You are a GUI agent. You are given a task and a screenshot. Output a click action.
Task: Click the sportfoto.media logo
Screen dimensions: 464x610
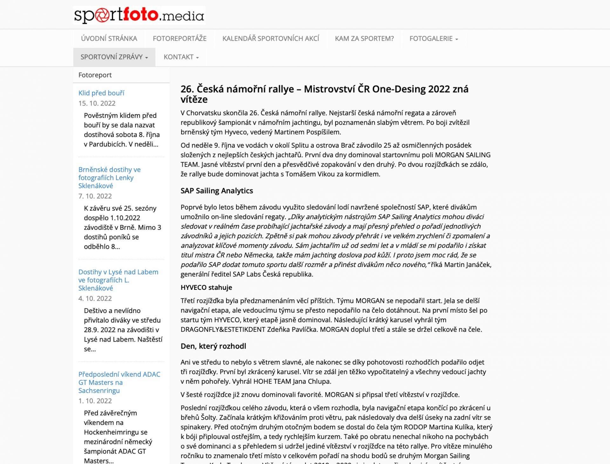point(139,15)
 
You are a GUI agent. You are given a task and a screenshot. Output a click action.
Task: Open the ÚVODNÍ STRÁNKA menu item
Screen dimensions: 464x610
point(109,38)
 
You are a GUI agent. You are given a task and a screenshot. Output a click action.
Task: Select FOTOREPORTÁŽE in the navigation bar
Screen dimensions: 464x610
point(180,38)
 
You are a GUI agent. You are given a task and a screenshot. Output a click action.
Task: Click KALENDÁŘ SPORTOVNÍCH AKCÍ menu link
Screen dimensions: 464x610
point(270,38)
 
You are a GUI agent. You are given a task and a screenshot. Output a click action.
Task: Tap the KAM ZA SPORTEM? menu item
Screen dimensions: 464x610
point(364,38)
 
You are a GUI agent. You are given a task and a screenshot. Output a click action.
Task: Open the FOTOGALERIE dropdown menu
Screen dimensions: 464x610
point(433,38)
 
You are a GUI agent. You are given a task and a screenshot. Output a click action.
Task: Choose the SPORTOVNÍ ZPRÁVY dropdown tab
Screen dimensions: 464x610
point(114,57)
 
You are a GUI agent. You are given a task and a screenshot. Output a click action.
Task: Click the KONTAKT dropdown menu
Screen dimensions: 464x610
point(181,57)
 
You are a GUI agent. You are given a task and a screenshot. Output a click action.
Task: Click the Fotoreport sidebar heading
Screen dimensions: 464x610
point(95,75)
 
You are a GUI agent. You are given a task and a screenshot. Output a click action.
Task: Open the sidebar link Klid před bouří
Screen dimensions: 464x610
point(101,93)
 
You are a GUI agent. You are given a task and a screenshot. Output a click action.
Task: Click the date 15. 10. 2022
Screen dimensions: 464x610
point(97,103)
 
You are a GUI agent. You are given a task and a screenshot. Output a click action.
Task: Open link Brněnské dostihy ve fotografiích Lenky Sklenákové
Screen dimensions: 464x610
point(109,178)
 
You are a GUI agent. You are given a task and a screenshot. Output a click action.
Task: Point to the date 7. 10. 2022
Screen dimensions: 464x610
point(95,196)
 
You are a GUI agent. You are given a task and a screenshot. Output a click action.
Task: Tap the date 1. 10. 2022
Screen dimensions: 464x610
point(95,401)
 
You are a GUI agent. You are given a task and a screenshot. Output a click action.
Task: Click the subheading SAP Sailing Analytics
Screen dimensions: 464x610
point(217,191)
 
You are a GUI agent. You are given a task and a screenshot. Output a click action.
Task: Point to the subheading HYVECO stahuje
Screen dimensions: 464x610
point(206,287)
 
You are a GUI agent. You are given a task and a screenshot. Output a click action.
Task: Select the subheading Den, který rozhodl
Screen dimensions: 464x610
point(213,346)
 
